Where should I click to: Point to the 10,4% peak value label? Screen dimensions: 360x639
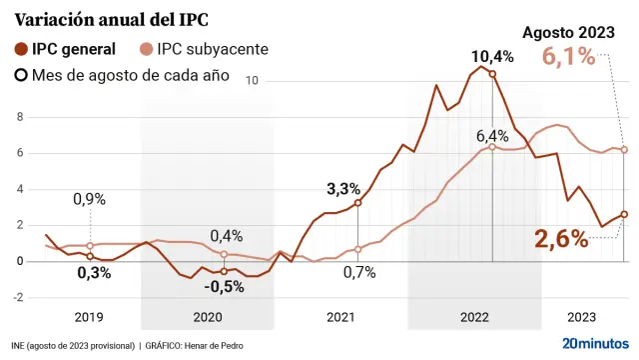point(492,56)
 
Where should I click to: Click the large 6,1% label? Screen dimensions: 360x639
point(569,57)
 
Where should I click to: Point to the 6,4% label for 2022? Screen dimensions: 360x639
point(492,135)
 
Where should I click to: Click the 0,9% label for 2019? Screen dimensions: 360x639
point(89,199)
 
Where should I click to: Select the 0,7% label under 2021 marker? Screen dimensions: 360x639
point(358,271)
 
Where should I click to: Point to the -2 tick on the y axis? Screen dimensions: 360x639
point(7,298)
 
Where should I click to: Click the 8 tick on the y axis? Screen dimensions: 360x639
point(7,117)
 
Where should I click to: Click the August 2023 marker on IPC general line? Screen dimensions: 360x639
point(624,214)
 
